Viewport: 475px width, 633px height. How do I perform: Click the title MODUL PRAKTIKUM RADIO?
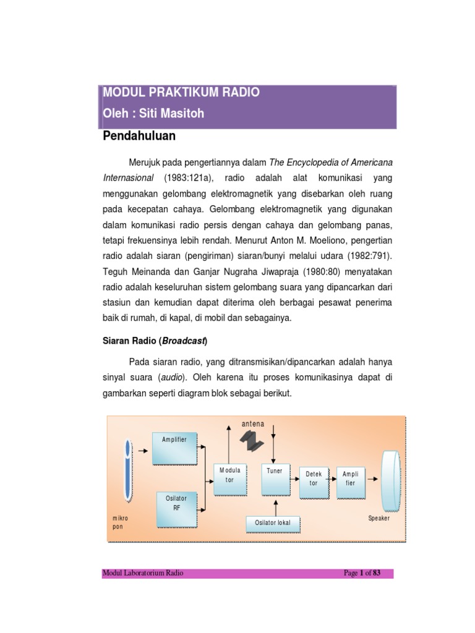point(181,93)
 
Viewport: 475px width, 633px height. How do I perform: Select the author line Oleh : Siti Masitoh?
point(153,114)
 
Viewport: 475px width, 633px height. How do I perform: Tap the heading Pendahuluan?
point(139,135)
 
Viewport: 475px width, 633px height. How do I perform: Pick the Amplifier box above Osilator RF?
point(174,448)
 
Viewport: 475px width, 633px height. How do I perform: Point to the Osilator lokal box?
point(272,524)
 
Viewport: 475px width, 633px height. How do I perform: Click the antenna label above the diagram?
point(253,424)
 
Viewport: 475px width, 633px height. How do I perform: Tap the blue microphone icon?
point(127,470)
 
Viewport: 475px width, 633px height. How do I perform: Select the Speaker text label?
point(379,519)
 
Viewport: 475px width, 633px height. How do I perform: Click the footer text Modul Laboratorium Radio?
point(143,574)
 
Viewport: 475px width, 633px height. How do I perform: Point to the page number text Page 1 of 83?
point(362,574)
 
